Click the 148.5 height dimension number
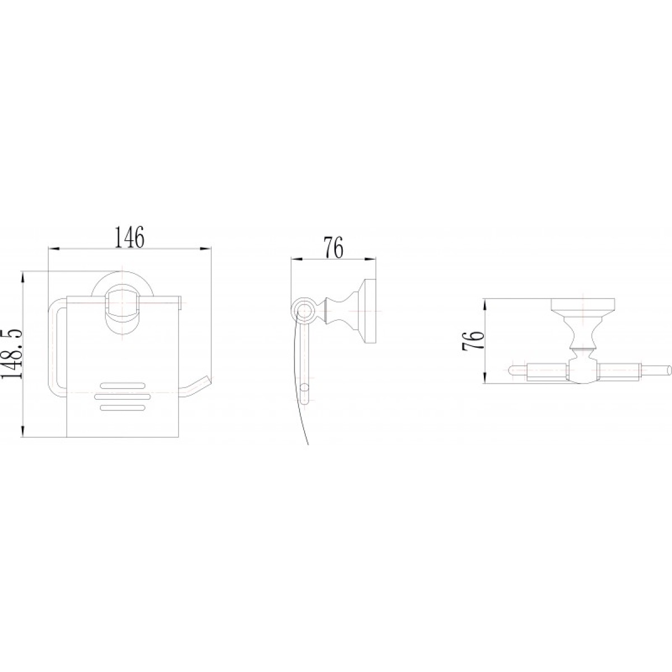[12, 349]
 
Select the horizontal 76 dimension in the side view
[333, 248]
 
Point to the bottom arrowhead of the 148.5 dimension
[23, 431]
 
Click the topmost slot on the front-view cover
[123, 385]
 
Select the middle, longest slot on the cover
[123, 396]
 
